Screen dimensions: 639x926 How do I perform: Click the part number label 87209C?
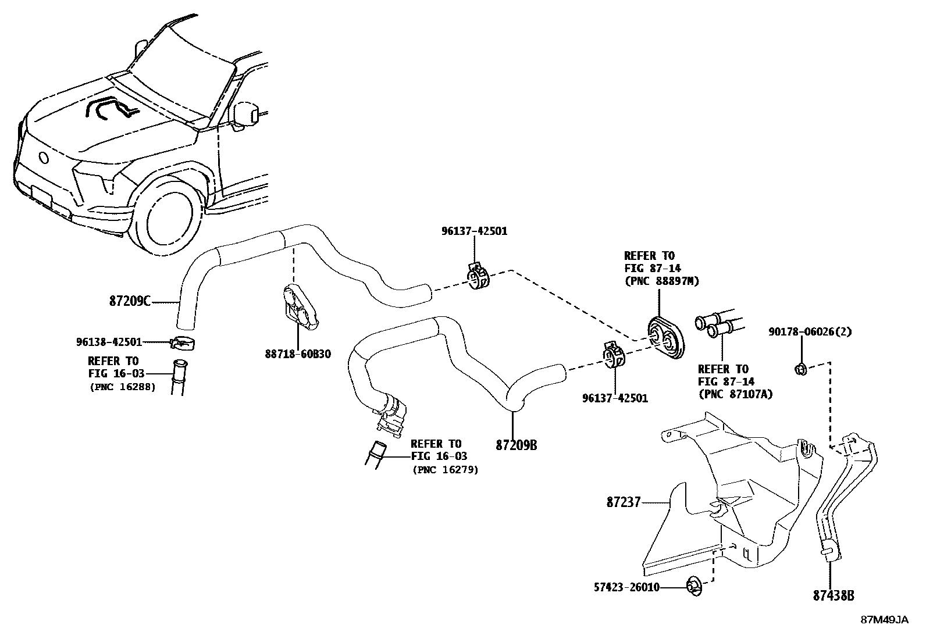tap(130, 301)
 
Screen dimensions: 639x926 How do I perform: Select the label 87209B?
tap(516, 445)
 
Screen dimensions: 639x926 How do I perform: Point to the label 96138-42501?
tap(109, 342)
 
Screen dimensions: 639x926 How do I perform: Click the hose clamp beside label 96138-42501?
tap(183, 343)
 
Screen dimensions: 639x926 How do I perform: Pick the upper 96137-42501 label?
tap(474, 231)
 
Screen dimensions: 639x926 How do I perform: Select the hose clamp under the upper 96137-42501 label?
tap(478, 277)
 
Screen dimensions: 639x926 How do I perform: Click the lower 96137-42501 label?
tap(615, 398)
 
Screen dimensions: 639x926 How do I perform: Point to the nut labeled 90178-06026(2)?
tap(800, 367)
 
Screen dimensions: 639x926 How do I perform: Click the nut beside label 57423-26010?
tap(693, 586)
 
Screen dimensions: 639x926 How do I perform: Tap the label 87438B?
tap(834, 595)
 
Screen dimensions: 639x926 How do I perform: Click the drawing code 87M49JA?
tap(884, 620)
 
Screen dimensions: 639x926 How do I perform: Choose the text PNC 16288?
tap(122, 386)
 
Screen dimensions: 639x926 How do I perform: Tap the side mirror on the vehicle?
tap(248, 115)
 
